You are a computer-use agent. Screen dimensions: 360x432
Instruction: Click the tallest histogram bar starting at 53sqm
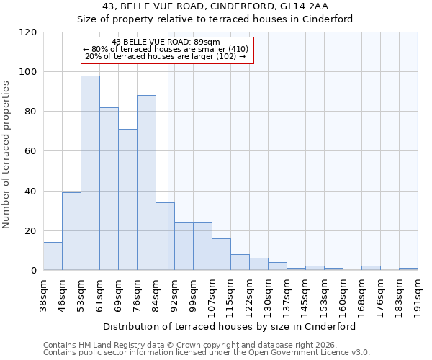click(90, 173)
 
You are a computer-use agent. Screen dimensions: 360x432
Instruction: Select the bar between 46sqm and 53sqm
click(71, 231)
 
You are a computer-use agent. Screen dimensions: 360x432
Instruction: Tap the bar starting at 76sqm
click(146, 183)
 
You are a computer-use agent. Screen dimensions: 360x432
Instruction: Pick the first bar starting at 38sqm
click(53, 256)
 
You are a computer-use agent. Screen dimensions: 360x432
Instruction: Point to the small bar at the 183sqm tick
click(408, 269)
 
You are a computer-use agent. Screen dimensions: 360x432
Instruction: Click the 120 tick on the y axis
click(27, 32)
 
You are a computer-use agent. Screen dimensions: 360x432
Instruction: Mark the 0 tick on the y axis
click(33, 271)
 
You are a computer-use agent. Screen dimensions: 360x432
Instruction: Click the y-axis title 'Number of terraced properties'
click(7, 155)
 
